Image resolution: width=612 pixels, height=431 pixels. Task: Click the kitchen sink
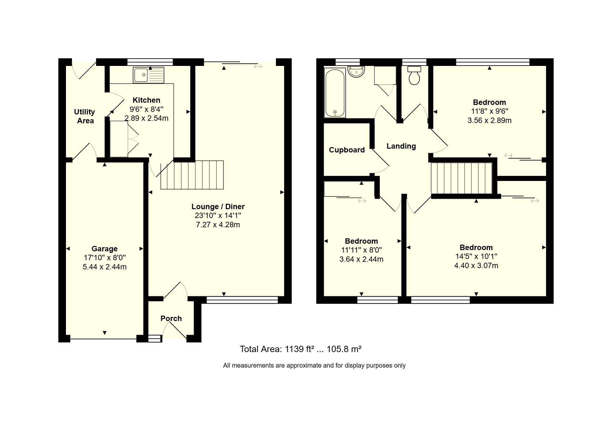coord(149,75)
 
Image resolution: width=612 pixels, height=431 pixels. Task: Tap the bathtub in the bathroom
coord(335,93)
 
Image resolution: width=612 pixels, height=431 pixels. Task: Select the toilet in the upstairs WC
coord(414,75)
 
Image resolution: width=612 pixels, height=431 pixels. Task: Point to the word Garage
coord(105,249)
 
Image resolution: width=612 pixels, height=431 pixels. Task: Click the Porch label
coord(171,318)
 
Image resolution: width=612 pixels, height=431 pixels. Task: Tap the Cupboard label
coord(347,150)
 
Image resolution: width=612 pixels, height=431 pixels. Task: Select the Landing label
coord(401,146)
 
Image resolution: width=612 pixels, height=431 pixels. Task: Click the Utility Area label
coord(85,116)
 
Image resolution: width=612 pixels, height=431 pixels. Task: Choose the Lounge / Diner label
coord(218,207)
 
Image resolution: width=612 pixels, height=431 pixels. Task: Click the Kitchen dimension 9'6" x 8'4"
coord(146,109)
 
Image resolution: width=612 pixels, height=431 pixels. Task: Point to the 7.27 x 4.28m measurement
coord(218,225)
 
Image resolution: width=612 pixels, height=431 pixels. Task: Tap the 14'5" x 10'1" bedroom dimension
coord(476,256)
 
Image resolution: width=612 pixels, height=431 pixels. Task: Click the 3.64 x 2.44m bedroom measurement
coord(361,259)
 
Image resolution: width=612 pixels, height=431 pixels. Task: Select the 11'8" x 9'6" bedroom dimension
coord(490,112)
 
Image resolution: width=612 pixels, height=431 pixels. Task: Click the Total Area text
coord(301,349)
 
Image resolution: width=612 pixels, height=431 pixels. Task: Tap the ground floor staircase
coord(192,175)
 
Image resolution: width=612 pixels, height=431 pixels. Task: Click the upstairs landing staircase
coord(462,178)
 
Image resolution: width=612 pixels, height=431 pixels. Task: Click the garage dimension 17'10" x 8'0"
coord(105,258)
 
